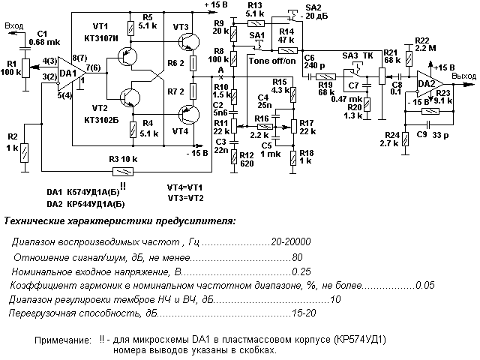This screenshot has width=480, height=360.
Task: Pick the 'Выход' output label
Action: [x=465, y=76]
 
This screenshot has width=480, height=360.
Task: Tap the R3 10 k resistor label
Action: [x=122, y=158]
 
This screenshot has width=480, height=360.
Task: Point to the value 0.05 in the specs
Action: [x=424, y=285]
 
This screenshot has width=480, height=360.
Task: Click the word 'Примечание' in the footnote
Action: [x=60, y=340]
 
